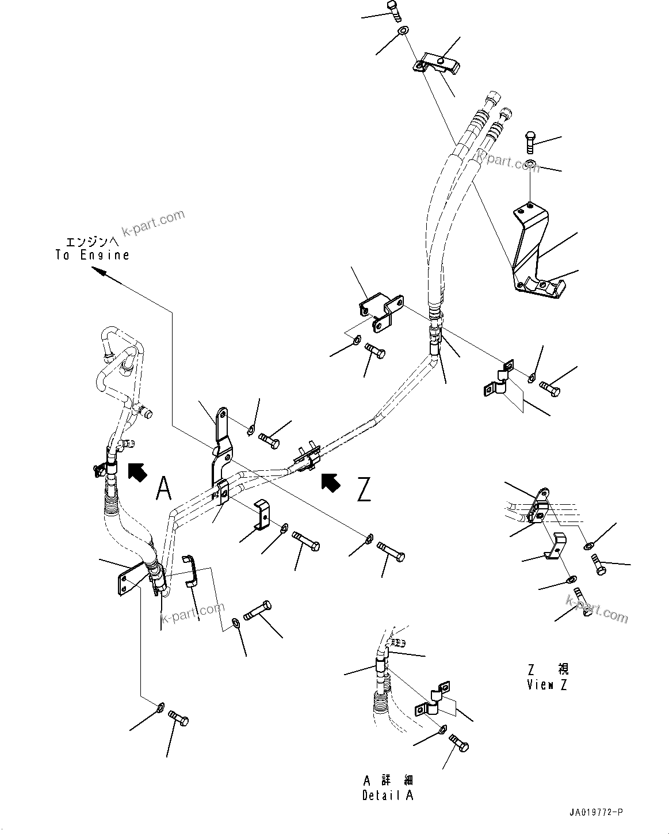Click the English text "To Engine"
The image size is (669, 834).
coord(92,255)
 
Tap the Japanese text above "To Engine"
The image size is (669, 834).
coord(92,242)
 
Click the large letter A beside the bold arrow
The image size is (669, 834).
coord(164,489)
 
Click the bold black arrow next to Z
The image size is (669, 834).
coord(331,482)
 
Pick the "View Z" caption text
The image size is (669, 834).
coord(547,685)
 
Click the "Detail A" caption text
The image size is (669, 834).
coord(388,795)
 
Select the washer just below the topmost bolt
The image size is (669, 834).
coord(402,30)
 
